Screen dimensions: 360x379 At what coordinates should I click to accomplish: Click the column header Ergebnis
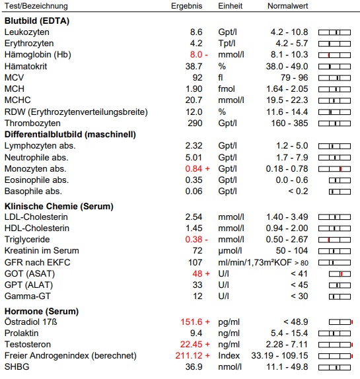(x=186, y=6)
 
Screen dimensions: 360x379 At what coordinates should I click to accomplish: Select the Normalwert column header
(x=288, y=6)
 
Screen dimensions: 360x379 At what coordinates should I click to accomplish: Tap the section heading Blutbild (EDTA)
(x=37, y=20)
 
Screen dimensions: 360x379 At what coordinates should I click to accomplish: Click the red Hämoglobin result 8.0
(x=196, y=55)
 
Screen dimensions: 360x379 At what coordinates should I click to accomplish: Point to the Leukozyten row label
(x=27, y=32)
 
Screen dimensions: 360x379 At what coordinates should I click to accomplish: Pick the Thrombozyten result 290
(x=195, y=123)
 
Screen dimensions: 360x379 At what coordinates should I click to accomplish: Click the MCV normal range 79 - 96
(x=294, y=78)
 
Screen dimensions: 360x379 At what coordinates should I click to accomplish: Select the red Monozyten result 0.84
(x=194, y=169)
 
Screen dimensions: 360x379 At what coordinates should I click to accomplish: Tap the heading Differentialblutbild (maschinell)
(x=70, y=135)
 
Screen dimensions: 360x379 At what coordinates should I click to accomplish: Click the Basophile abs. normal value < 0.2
(x=298, y=191)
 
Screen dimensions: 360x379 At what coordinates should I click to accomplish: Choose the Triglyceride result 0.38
(x=194, y=239)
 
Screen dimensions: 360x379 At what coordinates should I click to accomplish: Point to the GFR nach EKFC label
(x=38, y=262)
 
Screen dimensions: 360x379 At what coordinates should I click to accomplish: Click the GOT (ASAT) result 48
(x=198, y=273)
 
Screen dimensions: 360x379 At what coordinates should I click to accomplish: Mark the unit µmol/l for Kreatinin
(x=230, y=251)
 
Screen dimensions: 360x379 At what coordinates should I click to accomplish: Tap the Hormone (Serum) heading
(x=42, y=312)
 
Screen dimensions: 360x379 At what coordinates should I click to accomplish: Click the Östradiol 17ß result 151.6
(x=192, y=322)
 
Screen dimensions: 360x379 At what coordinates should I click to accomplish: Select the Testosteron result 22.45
(x=191, y=344)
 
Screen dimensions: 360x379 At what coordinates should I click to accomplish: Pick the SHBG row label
(x=17, y=366)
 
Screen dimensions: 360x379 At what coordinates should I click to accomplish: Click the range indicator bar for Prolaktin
(x=334, y=333)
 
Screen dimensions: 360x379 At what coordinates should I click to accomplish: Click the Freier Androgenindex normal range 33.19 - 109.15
(x=279, y=355)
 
